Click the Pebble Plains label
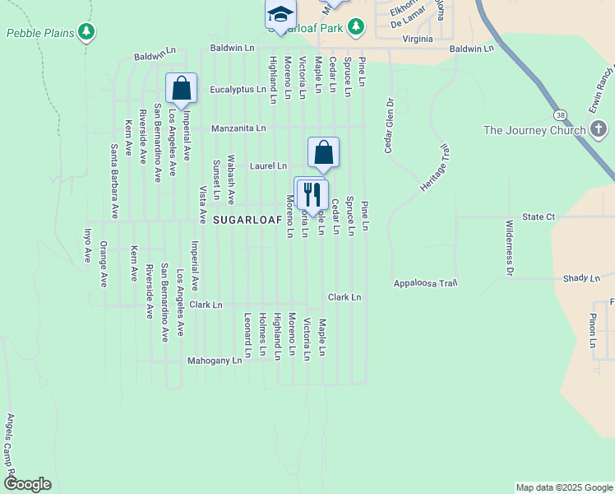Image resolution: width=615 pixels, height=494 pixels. pyautogui.click(x=41, y=33)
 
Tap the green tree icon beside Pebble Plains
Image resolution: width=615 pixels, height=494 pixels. pyautogui.click(x=87, y=32)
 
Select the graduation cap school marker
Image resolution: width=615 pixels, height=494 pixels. pyautogui.click(x=280, y=14)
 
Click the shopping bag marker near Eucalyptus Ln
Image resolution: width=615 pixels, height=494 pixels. pyautogui.click(x=181, y=87)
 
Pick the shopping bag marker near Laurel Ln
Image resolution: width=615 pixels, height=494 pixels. pyautogui.click(x=324, y=151)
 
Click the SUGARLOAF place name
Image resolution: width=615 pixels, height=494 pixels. pyautogui.click(x=247, y=221)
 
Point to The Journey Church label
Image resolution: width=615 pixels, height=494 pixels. pyautogui.click(x=534, y=130)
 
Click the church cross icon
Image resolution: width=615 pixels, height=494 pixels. pyautogui.click(x=599, y=129)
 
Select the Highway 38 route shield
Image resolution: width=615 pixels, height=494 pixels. pyautogui.click(x=559, y=114)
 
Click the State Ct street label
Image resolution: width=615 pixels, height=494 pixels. pyautogui.click(x=539, y=217)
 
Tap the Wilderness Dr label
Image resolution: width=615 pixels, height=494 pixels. pyautogui.click(x=510, y=247)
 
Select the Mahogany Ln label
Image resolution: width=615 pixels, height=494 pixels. pyautogui.click(x=215, y=360)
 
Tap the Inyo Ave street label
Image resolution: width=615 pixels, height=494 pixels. pyautogui.click(x=86, y=245)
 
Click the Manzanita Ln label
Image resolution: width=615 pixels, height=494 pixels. pyautogui.click(x=238, y=128)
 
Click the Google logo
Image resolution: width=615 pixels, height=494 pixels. pyautogui.click(x=27, y=484)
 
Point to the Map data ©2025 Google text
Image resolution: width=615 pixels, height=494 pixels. pyautogui.click(x=563, y=487)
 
